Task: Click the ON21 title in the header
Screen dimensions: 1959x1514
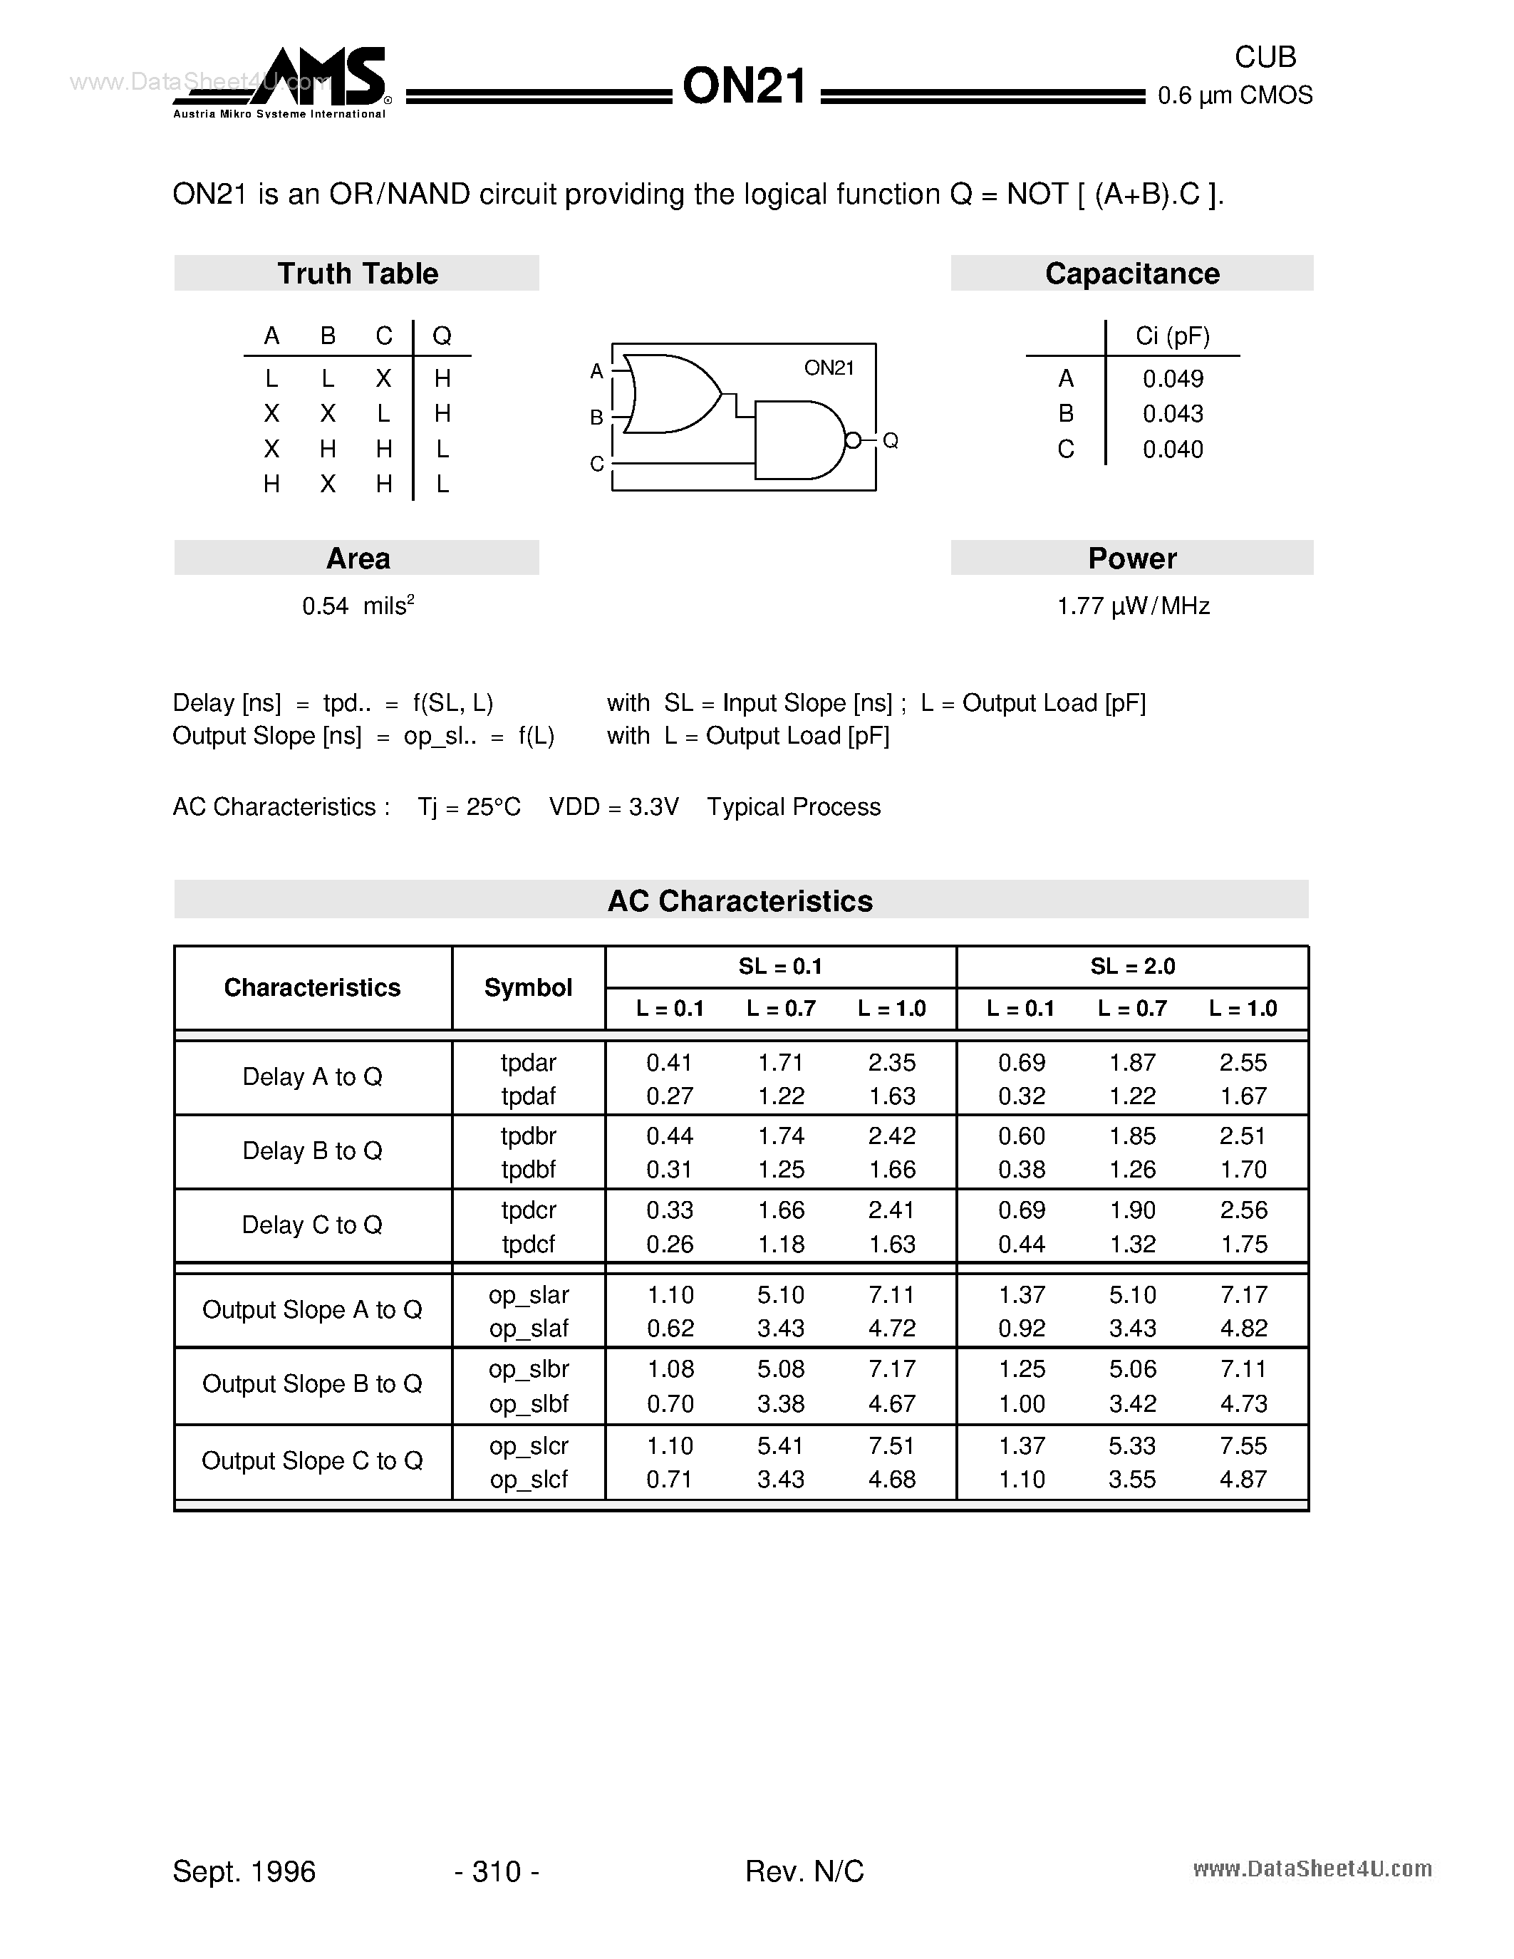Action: click(x=745, y=88)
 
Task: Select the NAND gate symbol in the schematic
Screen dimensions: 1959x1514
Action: click(x=797, y=440)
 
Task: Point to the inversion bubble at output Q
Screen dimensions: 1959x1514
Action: click(x=853, y=440)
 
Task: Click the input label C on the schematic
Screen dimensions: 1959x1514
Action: click(x=596, y=464)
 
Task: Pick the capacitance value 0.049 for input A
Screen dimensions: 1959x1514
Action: click(x=1172, y=378)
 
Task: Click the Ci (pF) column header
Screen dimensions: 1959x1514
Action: click(x=1172, y=336)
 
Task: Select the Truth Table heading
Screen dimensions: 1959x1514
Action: click(x=357, y=274)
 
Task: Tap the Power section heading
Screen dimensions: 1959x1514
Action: click(x=1132, y=558)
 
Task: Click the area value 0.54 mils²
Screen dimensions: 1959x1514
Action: click(x=358, y=606)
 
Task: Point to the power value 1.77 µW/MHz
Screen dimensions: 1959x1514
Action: click(x=1133, y=606)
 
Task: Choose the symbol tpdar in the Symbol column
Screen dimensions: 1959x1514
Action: click(x=528, y=1063)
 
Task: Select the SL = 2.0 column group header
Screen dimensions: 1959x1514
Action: click(x=1132, y=966)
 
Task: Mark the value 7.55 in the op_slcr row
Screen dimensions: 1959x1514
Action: click(x=1243, y=1446)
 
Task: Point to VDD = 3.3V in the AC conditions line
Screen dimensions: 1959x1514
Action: click(x=613, y=807)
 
